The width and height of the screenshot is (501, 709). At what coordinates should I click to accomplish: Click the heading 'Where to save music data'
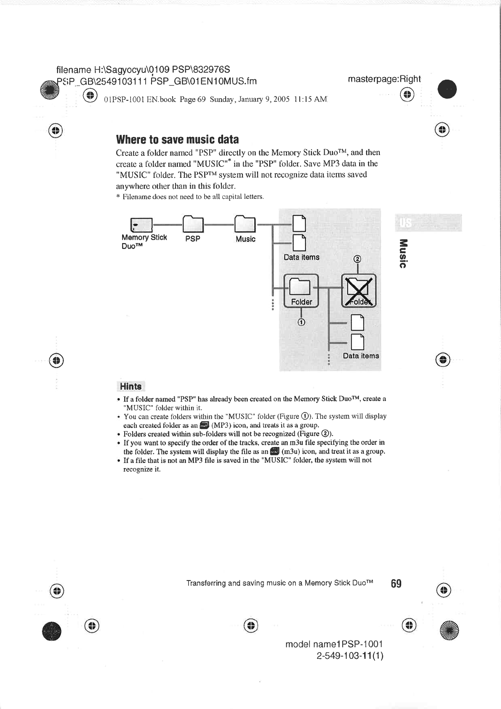click(x=177, y=139)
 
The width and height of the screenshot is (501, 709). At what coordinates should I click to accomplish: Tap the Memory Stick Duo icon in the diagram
click(x=141, y=225)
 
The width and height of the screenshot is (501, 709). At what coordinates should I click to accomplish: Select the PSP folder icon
click(x=193, y=224)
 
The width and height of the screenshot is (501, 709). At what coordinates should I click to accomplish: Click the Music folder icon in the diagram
click(x=245, y=224)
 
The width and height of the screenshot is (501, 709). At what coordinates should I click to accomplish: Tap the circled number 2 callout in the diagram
click(x=357, y=259)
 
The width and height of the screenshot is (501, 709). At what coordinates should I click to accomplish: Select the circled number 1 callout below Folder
click(x=301, y=322)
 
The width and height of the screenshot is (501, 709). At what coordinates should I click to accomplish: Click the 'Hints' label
click(x=131, y=386)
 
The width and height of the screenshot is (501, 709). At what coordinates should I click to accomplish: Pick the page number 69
click(x=396, y=583)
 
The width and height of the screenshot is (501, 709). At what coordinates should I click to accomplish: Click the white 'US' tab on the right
click(x=405, y=222)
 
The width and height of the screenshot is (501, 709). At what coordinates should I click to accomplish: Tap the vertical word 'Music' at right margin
click(x=403, y=253)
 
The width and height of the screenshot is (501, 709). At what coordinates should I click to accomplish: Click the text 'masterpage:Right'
click(x=384, y=79)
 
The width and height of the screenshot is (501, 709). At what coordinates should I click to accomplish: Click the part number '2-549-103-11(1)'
click(x=350, y=656)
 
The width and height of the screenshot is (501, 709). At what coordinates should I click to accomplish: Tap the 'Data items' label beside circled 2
click(x=301, y=257)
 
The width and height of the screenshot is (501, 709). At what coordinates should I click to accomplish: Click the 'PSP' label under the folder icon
click(x=193, y=239)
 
